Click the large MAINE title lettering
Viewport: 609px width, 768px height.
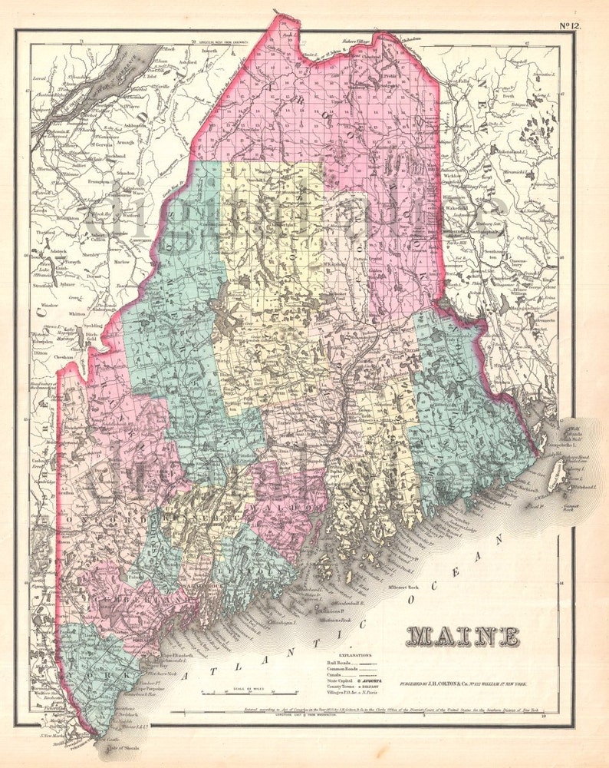click(x=463, y=637)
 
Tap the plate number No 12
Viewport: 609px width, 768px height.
click(x=570, y=25)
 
